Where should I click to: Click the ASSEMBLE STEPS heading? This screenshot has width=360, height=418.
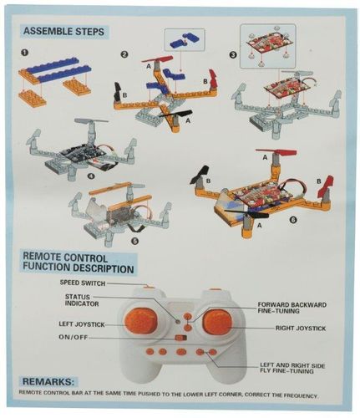tap(63, 32)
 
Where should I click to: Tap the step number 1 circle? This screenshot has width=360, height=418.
tap(26, 54)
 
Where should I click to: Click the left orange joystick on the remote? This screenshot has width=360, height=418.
tap(139, 319)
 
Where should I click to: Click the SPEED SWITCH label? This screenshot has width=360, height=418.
tap(82, 283)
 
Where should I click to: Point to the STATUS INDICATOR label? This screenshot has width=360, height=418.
tap(83, 301)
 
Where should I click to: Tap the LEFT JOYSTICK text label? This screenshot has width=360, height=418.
tap(82, 322)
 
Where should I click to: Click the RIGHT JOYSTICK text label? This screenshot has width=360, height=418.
tap(300, 329)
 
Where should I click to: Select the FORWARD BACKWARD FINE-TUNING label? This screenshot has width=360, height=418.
tap(292, 308)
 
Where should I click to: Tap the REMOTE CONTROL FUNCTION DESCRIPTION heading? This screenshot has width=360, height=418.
tap(77, 263)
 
